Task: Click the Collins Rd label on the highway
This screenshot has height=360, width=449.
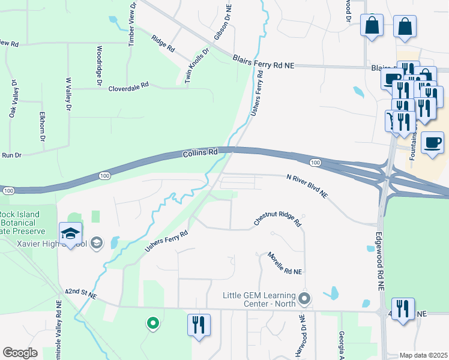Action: pyautogui.click(x=200, y=153)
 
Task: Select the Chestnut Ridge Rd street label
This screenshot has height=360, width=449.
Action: pyautogui.click(x=277, y=222)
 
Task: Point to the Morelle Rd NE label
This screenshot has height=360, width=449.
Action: pyautogui.click(x=285, y=263)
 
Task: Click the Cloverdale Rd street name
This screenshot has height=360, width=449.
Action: pyautogui.click(x=128, y=88)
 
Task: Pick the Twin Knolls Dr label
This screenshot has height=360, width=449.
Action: pyautogui.click(x=198, y=67)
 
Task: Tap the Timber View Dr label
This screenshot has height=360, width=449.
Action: pyautogui.click(x=133, y=22)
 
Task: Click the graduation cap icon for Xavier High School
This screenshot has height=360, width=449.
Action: pyautogui.click(x=71, y=233)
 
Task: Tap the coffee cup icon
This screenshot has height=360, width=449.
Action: pyautogui.click(x=432, y=143)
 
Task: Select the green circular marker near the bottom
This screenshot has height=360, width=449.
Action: pyautogui.click(x=153, y=323)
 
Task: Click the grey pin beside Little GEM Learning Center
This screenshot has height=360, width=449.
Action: pyautogui.click(x=305, y=298)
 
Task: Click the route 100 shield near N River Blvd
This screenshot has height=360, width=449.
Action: pyautogui.click(x=315, y=163)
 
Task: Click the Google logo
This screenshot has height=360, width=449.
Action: pyautogui.click(x=20, y=353)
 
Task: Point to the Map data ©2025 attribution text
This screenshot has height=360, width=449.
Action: pyautogui.click(x=423, y=355)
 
